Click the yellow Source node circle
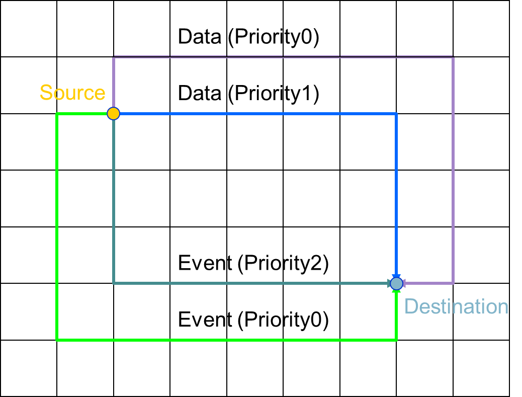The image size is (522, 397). click(x=114, y=114)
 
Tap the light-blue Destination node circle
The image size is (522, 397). click(x=397, y=283)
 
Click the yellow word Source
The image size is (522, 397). click(x=72, y=93)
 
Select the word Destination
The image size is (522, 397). click(x=456, y=306)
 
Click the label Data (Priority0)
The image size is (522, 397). click(x=248, y=37)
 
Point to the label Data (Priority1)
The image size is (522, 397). click(x=248, y=94)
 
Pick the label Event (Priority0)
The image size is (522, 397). click(x=253, y=320)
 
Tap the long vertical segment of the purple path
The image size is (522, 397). click(x=453, y=171)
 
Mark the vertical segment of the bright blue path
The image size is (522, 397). click(x=397, y=196)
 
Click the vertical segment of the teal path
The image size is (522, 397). click(x=114, y=201)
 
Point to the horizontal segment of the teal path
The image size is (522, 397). click(x=251, y=283)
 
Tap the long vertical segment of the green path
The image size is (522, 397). click(x=57, y=226)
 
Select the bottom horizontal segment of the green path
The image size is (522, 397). click(x=226, y=340)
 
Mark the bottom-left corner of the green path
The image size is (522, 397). click(x=57, y=340)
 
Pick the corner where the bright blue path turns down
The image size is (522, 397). click(x=397, y=114)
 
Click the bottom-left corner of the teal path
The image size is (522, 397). click(x=114, y=283)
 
